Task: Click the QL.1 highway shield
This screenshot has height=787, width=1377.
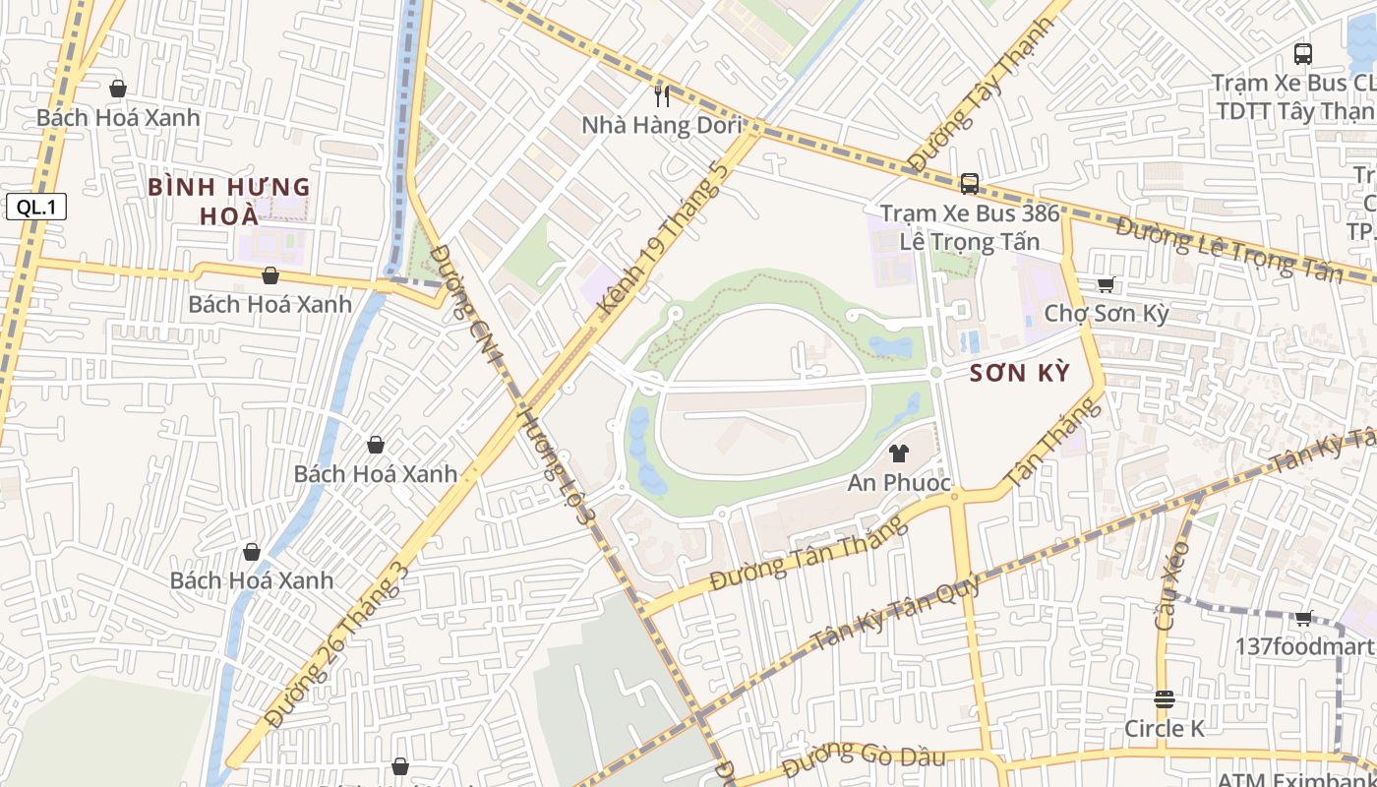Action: (x=35, y=207)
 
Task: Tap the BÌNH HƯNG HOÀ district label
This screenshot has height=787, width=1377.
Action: (x=228, y=201)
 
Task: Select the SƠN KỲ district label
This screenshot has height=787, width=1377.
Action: (x=1019, y=373)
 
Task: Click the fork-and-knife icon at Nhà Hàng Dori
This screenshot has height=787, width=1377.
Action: (x=662, y=95)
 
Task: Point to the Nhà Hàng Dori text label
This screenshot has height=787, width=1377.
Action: (x=660, y=126)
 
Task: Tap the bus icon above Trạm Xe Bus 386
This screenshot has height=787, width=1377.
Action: (x=969, y=183)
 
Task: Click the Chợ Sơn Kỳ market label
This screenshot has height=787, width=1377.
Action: (x=1107, y=314)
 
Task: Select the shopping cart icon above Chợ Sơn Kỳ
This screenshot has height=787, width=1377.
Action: (x=1106, y=285)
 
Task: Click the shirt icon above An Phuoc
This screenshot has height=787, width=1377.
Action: (x=898, y=454)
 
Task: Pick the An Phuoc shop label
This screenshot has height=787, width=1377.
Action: (x=899, y=483)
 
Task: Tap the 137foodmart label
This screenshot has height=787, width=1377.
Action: (x=1305, y=646)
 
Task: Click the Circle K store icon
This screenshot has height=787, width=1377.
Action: (x=1165, y=699)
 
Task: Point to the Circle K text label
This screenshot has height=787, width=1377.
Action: (x=1165, y=729)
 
